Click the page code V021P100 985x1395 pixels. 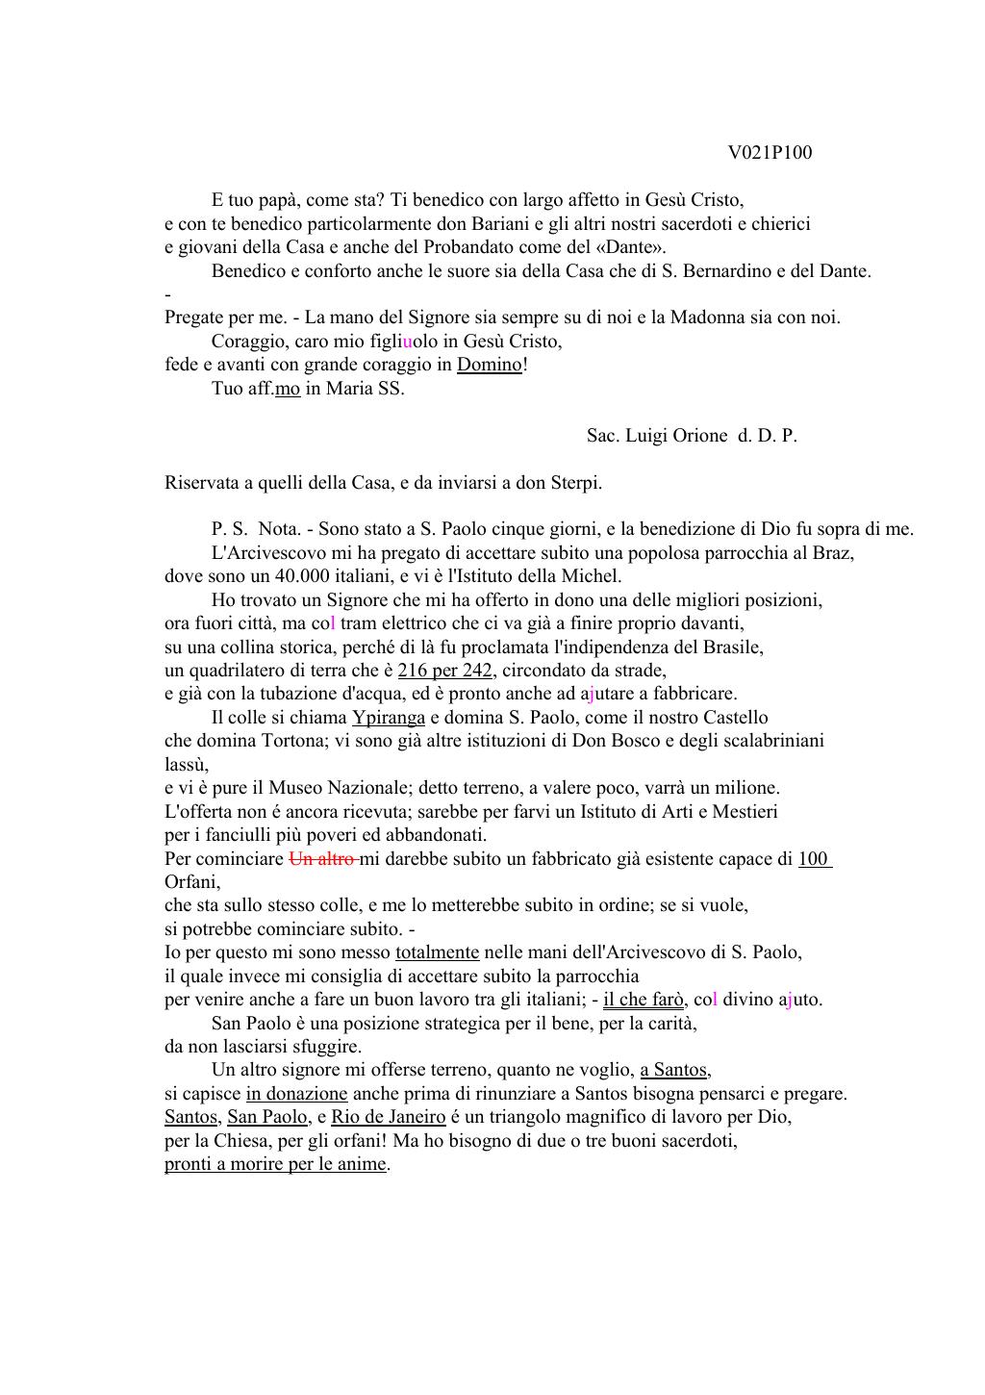[x=770, y=153]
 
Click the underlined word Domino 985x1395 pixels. [x=490, y=365]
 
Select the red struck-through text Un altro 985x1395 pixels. [x=323, y=859]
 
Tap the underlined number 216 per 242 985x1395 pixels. [x=444, y=671]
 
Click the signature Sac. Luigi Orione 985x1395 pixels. [x=657, y=436]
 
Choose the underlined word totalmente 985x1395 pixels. [x=437, y=952]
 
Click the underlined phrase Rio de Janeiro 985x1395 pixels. [x=388, y=1117]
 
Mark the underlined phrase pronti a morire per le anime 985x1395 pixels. [x=275, y=1164]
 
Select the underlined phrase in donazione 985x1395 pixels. [x=296, y=1094]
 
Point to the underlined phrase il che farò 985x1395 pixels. [x=643, y=1000]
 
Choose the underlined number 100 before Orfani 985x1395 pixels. [x=814, y=859]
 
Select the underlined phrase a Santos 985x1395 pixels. [x=673, y=1070]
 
